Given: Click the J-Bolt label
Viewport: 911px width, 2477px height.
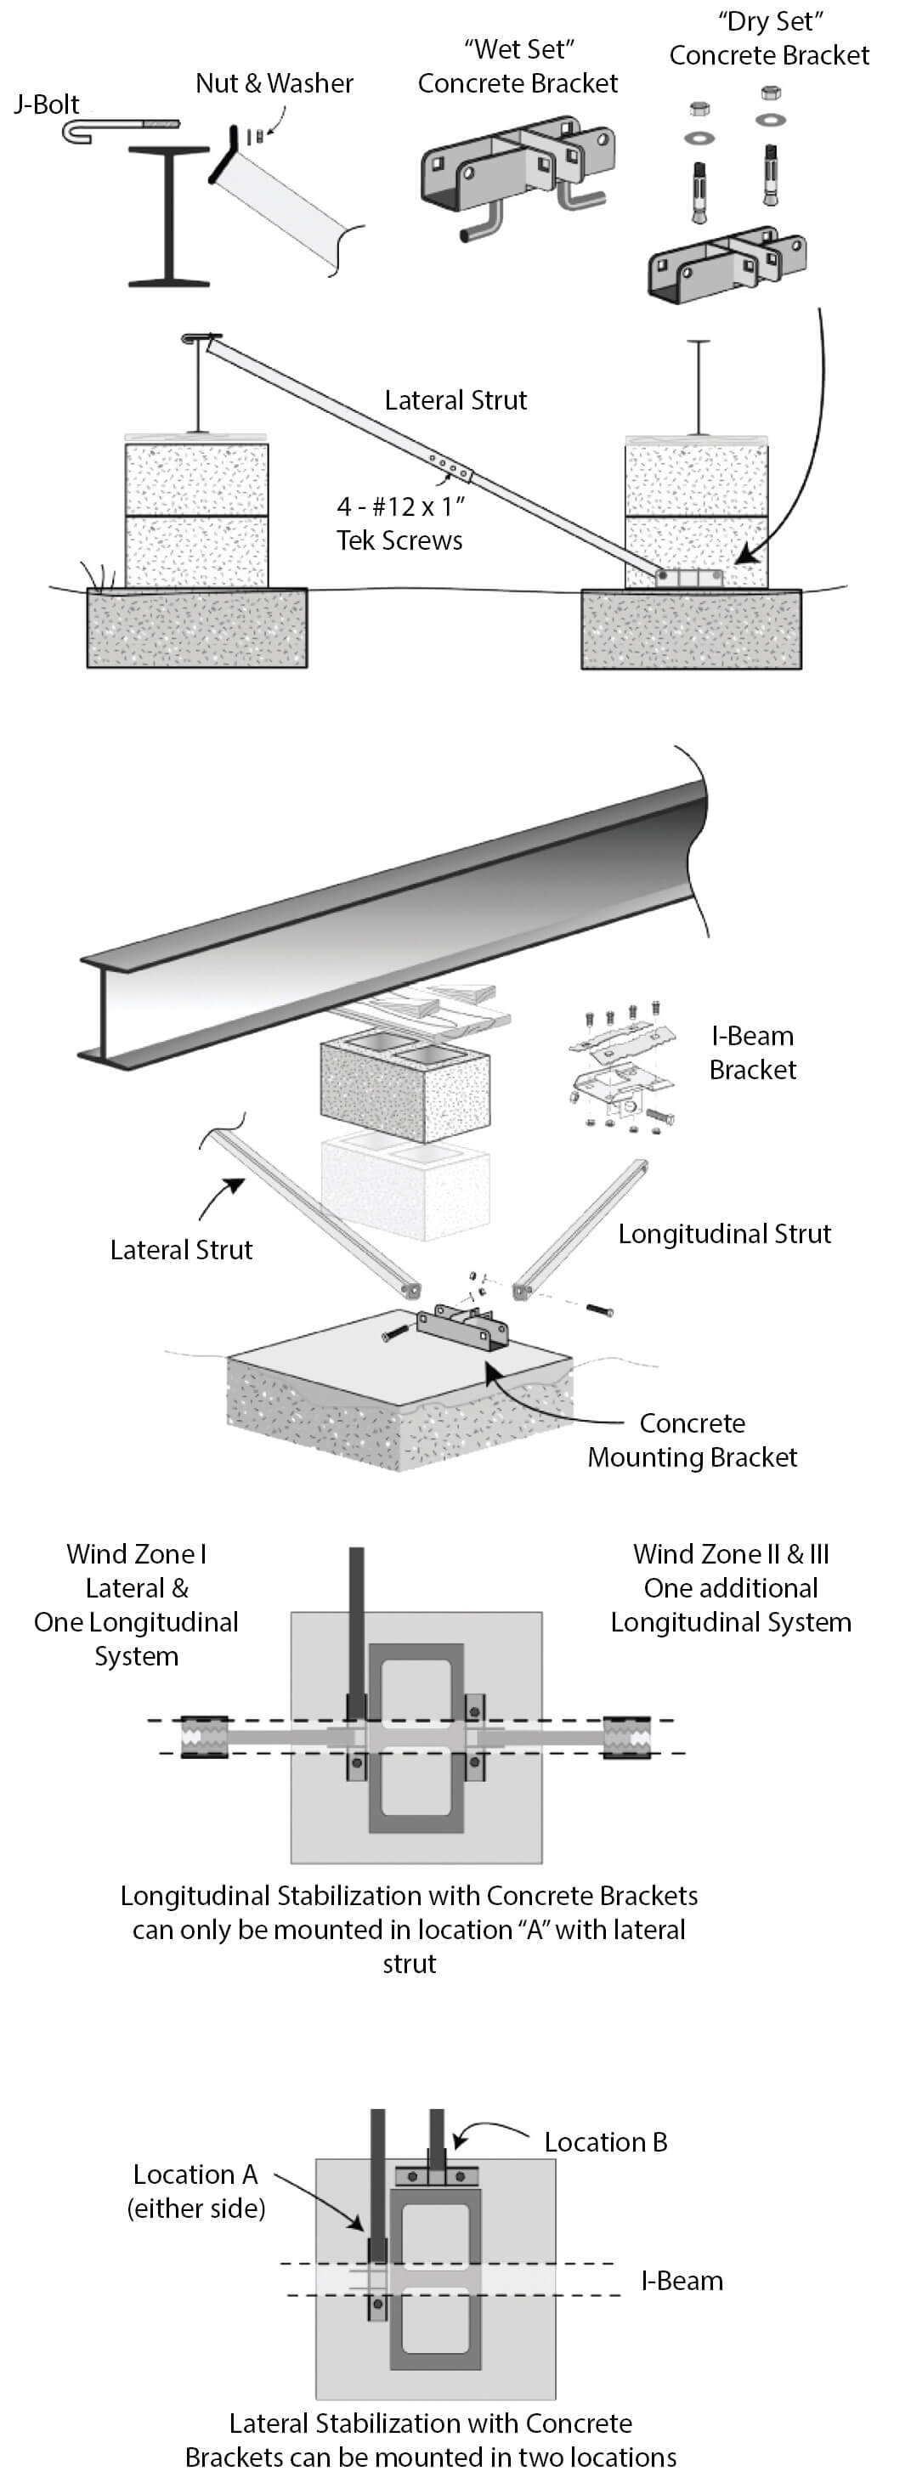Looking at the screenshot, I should point(46,104).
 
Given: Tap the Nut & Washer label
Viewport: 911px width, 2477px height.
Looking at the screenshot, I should point(274,83).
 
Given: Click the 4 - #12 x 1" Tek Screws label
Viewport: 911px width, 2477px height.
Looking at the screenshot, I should point(400,523).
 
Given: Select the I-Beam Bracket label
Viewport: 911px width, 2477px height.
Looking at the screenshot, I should point(752,1053).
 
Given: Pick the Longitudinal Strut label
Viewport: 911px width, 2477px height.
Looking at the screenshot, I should point(723,1234).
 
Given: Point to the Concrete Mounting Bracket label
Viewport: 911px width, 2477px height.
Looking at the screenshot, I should point(693,1440).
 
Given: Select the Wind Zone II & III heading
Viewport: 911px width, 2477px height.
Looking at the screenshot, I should point(730,1555).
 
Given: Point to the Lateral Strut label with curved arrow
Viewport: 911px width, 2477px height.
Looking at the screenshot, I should point(181,1250).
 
